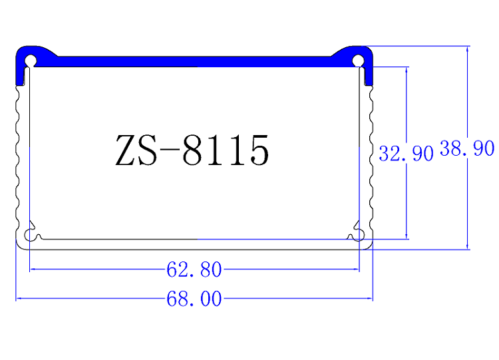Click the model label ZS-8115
click(192, 150)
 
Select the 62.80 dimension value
click(194, 270)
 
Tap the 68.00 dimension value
click(194, 299)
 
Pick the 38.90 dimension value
click(467, 149)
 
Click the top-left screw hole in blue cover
click(31, 61)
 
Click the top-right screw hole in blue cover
click(358, 61)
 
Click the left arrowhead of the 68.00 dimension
click(19, 299)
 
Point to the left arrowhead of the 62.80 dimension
click(33, 270)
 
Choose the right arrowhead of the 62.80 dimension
click(356, 270)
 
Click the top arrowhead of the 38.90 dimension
click(468, 49)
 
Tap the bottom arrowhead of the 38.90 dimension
click(468, 246)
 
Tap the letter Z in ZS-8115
click(126, 151)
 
